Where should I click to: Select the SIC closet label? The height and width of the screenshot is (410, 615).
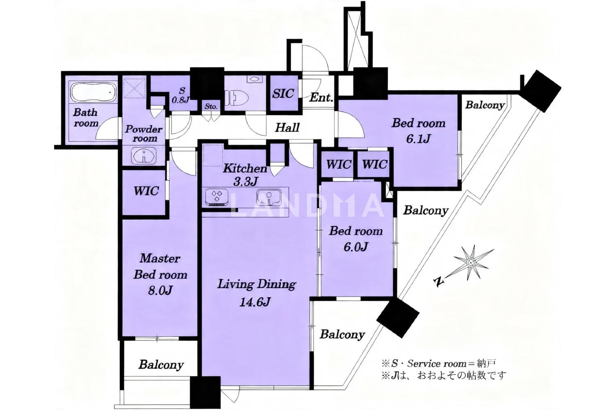pyautogui.click(x=283, y=93)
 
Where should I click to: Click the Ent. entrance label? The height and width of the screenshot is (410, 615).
pyautogui.click(x=321, y=98)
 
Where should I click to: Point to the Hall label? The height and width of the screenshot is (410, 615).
pyautogui.click(x=287, y=128)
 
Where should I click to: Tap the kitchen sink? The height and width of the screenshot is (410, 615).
pyautogui.click(x=269, y=197)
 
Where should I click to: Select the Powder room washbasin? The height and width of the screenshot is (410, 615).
pyautogui.click(x=144, y=156)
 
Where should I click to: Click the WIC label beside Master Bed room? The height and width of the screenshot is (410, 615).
pyautogui.click(x=146, y=191)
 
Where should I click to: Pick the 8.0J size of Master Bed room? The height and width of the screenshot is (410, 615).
pyautogui.click(x=160, y=290)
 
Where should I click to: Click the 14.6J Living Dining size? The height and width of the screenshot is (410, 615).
pyautogui.click(x=255, y=302)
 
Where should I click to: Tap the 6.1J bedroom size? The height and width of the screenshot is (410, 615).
pyautogui.click(x=418, y=139)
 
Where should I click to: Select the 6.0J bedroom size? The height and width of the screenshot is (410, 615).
pyautogui.click(x=355, y=247)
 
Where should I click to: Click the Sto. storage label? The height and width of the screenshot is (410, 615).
pyautogui.click(x=211, y=107)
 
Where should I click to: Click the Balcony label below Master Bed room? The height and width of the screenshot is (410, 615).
pyautogui.click(x=161, y=364)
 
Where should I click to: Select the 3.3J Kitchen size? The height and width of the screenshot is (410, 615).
pyautogui.click(x=246, y=182)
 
